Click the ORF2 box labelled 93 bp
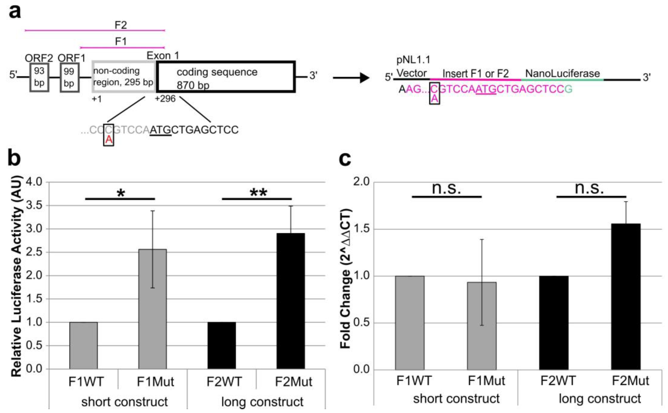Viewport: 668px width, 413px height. click(x=39, y=77)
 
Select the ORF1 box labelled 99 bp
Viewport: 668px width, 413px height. click(x=70, y=77)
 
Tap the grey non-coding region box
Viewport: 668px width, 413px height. click(x=124, y=77)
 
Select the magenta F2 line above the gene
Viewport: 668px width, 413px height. click(x=95, y=30)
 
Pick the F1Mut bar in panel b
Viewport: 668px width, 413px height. click(x=153, y=309)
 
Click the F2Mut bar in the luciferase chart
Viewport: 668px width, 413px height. click(x=291, y=301)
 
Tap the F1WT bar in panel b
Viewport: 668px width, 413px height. click(x=83, y=346)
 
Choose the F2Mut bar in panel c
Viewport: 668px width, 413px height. click(x=626, y=296)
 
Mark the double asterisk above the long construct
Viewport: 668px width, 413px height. click(x=258, y=193)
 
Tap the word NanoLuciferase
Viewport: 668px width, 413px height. click(x=562, y=73)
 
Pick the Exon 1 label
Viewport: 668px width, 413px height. click(x=163, y=55)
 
